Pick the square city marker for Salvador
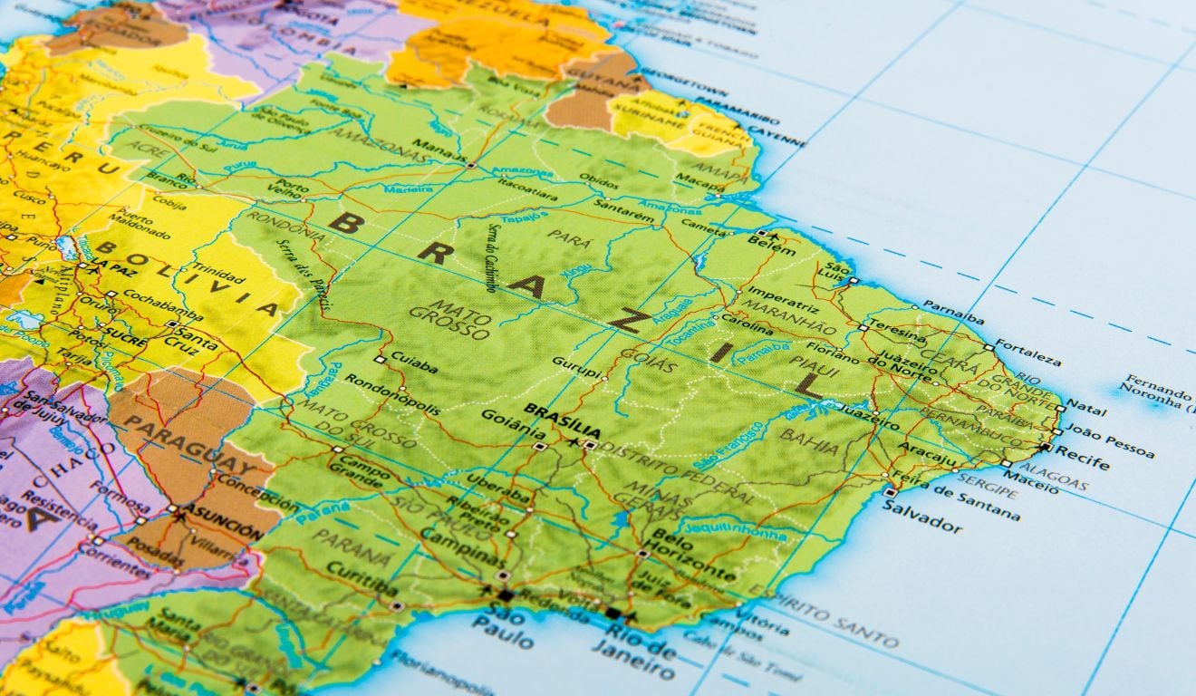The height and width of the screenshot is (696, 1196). pos(891,492)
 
